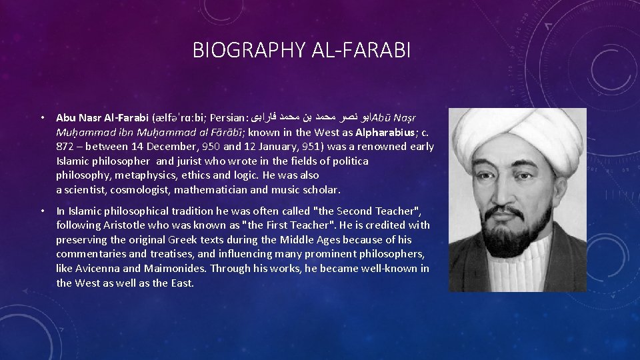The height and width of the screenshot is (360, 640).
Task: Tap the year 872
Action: click(x=65, y=147)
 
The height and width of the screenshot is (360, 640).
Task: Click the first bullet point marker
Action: click(x=41, y=118)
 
